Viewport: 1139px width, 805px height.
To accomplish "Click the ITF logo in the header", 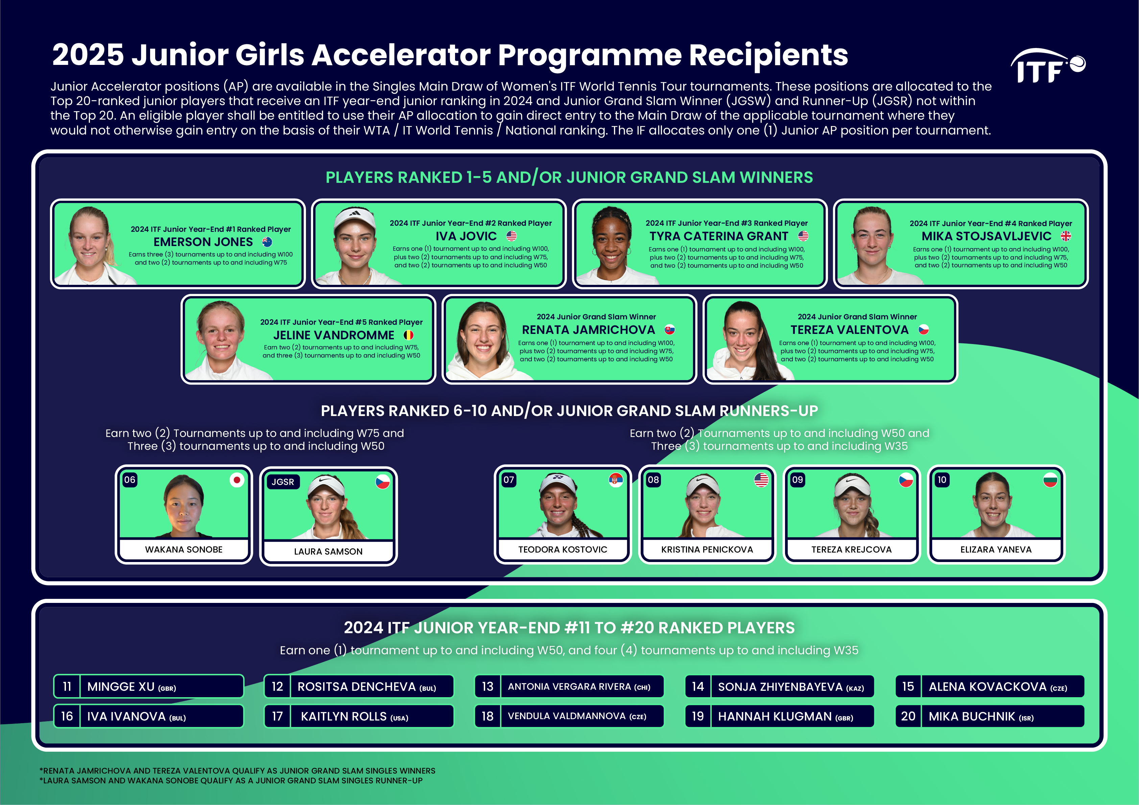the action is tap(1047, 66).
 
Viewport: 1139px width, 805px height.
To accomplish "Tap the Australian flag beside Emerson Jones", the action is tap(267, 242).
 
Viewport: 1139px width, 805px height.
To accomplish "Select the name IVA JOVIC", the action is tap(466, 236).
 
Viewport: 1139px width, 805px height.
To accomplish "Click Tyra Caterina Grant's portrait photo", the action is tap(613, 245).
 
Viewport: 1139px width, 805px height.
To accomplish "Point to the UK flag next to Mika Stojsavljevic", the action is tap(1066, 236).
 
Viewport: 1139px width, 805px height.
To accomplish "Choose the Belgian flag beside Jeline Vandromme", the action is tap(408, 335).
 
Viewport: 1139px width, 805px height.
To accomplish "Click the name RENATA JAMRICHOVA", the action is tap(588, 330).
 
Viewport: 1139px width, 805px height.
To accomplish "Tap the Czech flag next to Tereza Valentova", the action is tap(923, 330).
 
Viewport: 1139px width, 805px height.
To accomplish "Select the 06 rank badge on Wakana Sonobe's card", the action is tap(130, 480).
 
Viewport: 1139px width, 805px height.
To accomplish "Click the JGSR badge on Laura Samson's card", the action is tap(283, 482).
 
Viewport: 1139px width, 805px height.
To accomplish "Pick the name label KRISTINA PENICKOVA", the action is tap(707, 550).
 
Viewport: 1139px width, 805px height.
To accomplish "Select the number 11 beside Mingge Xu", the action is tap(67, 686).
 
